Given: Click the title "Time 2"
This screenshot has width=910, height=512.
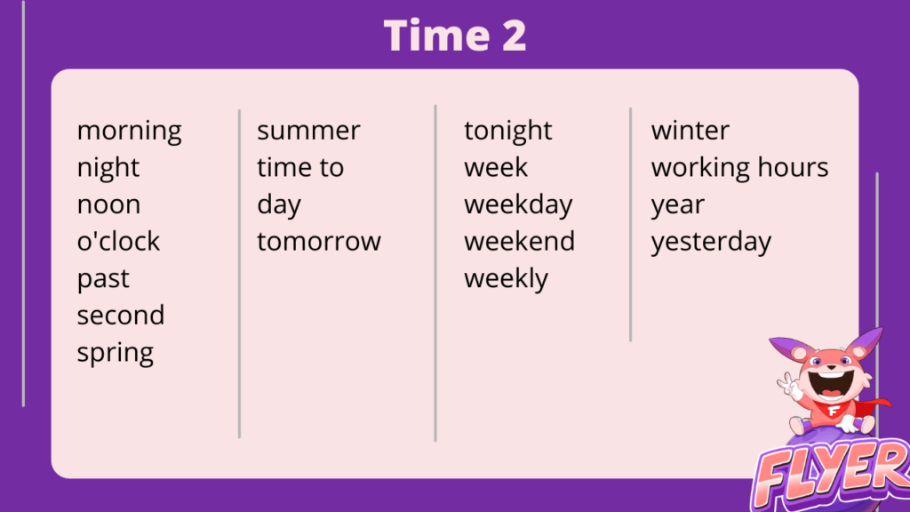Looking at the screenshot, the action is click(x=455, y=36).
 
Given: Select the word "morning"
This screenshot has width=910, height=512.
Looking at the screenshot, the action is click(x=130, y=132).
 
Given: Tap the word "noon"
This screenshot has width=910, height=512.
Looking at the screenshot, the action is click(x=109, y=205).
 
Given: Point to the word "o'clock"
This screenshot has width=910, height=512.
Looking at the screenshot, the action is click(x=118, y=241).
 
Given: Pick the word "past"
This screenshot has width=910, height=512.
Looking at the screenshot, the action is click(x=103, y=279).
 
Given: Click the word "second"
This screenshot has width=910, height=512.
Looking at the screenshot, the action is click(x=121, y=316).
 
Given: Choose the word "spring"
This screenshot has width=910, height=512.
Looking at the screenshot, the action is click(x=116, y=353).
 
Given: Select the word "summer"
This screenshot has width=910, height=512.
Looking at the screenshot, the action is click(x=308, y=132).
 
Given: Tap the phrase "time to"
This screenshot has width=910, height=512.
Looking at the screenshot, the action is click(x=300, y=168).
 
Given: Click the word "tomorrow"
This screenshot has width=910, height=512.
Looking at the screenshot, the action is click(x=319, y=242).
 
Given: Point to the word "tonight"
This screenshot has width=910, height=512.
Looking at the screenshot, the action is click(x=508, y=132).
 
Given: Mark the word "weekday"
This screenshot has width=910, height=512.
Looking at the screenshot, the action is click(x=518, y=205).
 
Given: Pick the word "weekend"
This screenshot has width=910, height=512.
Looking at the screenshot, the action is click(x=519, y=241).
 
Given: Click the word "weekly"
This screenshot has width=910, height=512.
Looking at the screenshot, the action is click(x=506, y=279).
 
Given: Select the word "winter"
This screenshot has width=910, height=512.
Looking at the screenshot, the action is click(x=690, y=131).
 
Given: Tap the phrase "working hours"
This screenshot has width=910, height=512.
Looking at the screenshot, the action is click(x=740, y=168).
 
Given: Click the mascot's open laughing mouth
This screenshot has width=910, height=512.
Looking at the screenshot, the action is click(x=832, y=383).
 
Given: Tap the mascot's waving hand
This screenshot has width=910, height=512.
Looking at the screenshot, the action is click(x=789, y=386).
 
